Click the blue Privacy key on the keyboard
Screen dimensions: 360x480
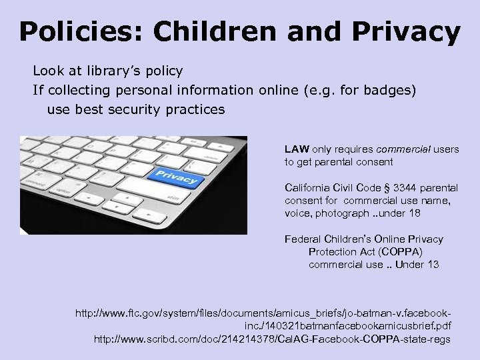tap(176, 178)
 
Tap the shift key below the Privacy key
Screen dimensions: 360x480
tap(173, 199)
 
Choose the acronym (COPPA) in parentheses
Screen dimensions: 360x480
tap(399, 252)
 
